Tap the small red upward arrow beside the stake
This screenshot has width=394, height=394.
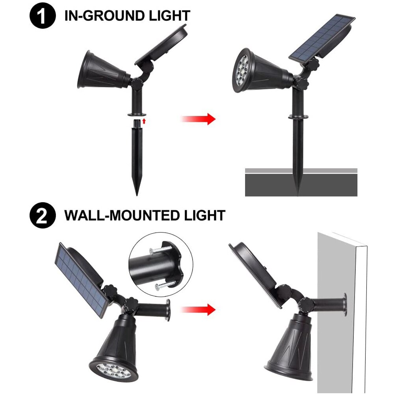coord(145,120)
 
